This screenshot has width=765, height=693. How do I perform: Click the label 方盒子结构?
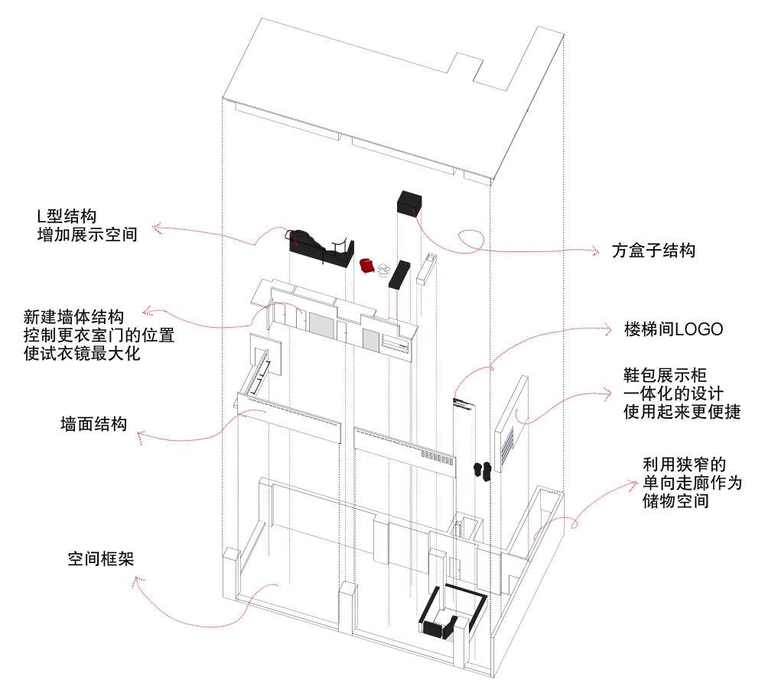pyautogui.click(x=653, y=251)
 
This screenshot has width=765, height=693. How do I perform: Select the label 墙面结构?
pyautogui.click(x=94, y=423)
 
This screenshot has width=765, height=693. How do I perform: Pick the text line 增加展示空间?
pyautogui.click(x=87, y=235)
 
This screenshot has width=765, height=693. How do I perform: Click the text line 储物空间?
pyautogui.click(x=676, y=502)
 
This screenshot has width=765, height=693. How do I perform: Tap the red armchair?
pyautogui.click(x=367, y=265)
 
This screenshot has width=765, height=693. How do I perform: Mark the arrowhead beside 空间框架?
pyautogui.click(x=138, y=582)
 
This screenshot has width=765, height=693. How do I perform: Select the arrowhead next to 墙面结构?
pyautogui.click(x=141, y=437)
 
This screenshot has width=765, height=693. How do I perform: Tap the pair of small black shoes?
pyautogui.click(x=482, y=470)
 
